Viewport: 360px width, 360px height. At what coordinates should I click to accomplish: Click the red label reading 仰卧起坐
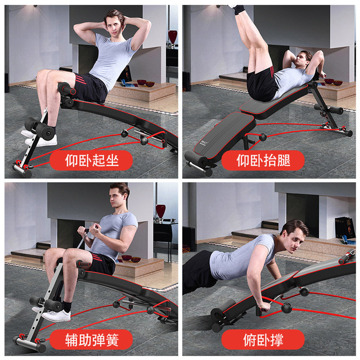(91, 160)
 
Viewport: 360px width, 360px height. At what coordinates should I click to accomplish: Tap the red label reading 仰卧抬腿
(263, 160)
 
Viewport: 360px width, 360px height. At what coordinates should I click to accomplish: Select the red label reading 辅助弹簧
(91, 340)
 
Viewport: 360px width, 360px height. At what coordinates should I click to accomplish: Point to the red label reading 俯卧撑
(263, 340)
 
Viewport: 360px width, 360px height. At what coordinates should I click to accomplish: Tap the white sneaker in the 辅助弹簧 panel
(56, 316)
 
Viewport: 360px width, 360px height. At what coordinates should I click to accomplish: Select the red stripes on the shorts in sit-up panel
(81, 79)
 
